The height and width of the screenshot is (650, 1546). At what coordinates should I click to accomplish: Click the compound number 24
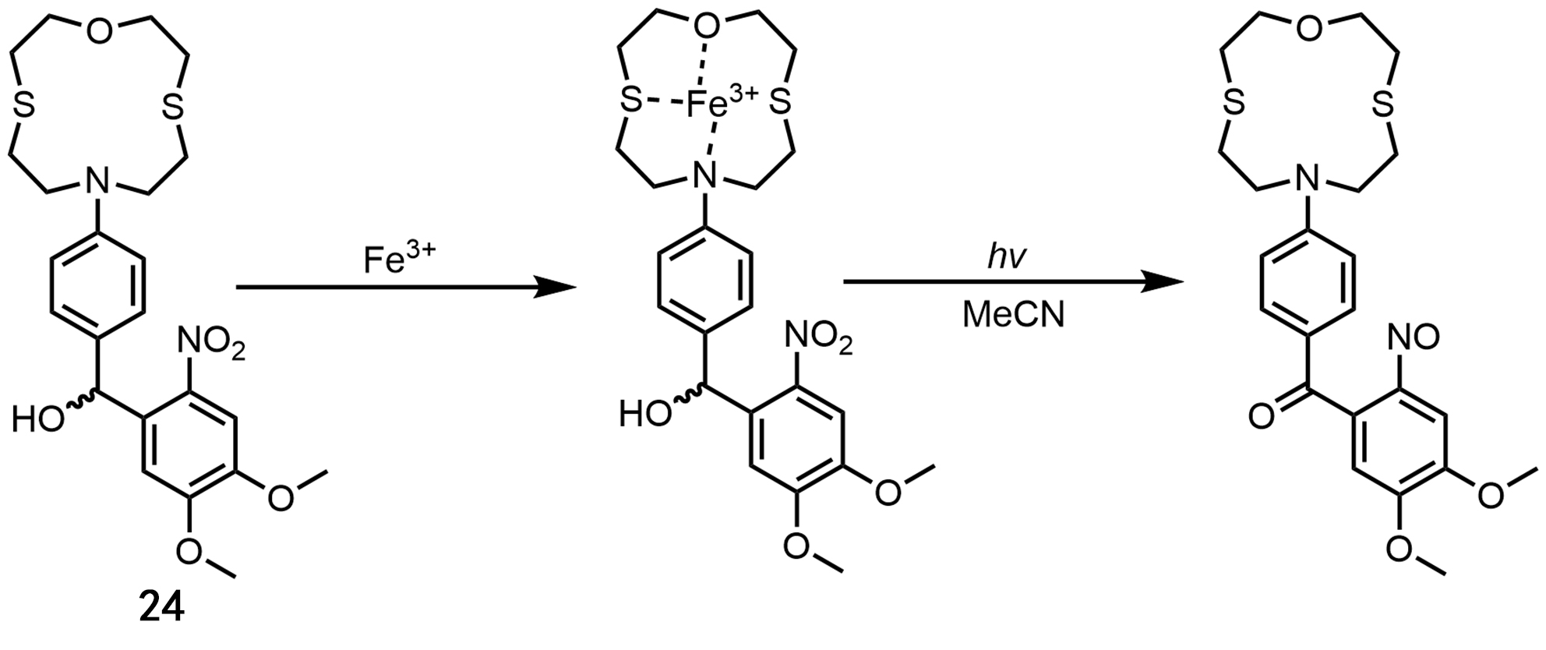pyautogui.click(x=162, y=607)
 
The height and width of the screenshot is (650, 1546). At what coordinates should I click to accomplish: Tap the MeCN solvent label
pyautogui.click(x=1013, y=316)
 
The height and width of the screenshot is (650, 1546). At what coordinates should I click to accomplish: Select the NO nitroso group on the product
pyautogui.click(x=1414, y=337)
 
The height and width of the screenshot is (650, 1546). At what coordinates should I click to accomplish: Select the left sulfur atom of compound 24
pyautogui.click(x=24, y=108)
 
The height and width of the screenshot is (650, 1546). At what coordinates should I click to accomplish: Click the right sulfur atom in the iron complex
pyautogui.click(x=781, y=101)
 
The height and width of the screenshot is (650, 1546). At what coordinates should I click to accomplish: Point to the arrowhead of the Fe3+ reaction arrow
pyautogui.click(x=557, y=288)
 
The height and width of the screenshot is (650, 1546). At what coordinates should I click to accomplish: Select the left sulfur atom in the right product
pyautogui.click(x=1231, y=103)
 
